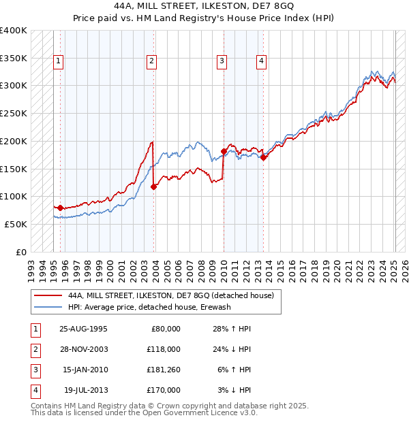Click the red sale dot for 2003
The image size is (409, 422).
(x=153, y=186)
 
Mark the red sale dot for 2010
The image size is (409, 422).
(x=224, y=151)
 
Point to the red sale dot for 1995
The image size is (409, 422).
(x=60, y=208)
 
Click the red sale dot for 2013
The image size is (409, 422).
(x=264, y=157)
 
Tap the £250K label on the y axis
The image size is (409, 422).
(x=14, y=113)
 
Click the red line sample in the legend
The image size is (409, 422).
(x=48, y=296)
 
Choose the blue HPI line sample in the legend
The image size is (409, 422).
(x=48, y=307)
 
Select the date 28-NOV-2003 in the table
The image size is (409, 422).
(x=84, y=349)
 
